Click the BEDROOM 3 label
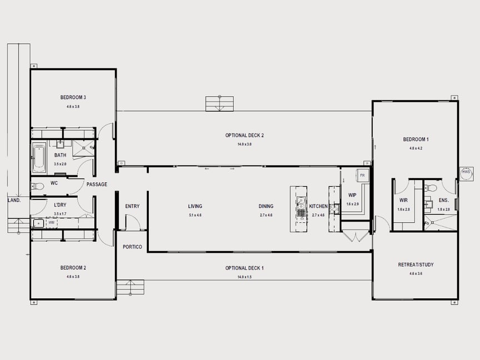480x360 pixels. click(x=73, y=97)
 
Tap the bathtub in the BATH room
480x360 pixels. click(x=39, y=158)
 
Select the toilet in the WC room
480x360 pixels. click(x=37, y=186)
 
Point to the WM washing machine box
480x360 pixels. click(x=52, y=223)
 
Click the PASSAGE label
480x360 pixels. click(x=97, y=184)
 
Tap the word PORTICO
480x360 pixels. click(x=132, y=247)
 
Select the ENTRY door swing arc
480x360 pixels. click(x=132, y=222)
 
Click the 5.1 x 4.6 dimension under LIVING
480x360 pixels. click(x=195, y=215)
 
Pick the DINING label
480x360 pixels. click(x=266, y=206)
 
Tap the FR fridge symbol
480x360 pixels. click(x=362, y=175)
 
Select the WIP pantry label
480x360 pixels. click(x=352, y=196)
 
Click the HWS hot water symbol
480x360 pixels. click(x=466, y=173)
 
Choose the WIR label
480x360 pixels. click(x=403, y=200)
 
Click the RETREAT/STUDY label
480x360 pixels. click(x=416, y=264)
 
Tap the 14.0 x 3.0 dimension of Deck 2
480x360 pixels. click(x=244, y=144)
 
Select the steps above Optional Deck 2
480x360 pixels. click(x=219, y=103)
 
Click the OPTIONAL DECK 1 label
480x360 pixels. click(x=244, y=268)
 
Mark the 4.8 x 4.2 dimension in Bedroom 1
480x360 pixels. click(x=416, y=148)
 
